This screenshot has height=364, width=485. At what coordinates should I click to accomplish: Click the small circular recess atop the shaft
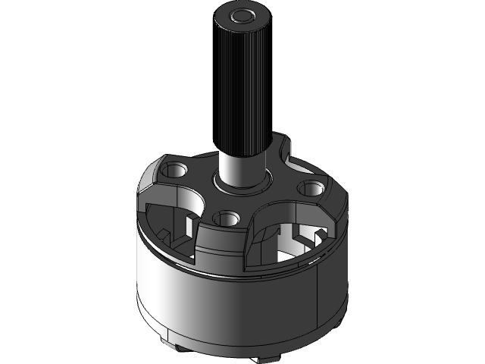point(242,14)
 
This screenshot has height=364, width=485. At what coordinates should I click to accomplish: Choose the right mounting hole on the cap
point(311,187)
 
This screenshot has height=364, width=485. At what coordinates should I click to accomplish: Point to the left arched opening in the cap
point(171,216)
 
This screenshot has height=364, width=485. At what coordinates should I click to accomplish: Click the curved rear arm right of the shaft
point(286,163)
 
